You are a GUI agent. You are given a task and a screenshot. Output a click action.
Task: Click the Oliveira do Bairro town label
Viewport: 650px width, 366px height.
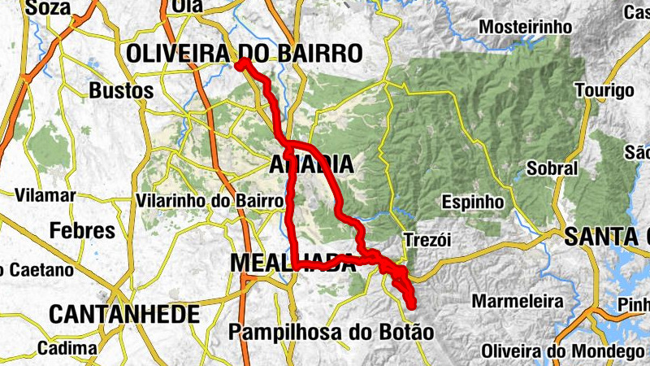coord(244,54)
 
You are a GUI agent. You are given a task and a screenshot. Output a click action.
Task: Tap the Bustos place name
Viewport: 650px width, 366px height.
coord(122,89)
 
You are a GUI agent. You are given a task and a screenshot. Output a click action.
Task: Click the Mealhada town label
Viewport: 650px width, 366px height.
coord(292,264)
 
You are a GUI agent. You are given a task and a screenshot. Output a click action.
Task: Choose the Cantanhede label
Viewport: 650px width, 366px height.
coord(124,314)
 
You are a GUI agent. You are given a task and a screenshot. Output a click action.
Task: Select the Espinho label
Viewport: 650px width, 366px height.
coord(474,201)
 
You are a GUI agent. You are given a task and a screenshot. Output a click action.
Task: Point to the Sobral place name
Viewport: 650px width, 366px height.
coord(552,169)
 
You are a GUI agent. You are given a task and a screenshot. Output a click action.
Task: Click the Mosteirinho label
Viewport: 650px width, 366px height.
coord(520,27)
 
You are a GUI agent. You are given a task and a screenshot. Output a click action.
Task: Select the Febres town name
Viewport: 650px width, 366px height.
coord(83,230)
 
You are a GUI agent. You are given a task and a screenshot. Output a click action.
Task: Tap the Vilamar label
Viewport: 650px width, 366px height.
coord(45,196)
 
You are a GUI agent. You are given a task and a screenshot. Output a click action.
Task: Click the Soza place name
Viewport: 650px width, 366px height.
coord(49,8)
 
